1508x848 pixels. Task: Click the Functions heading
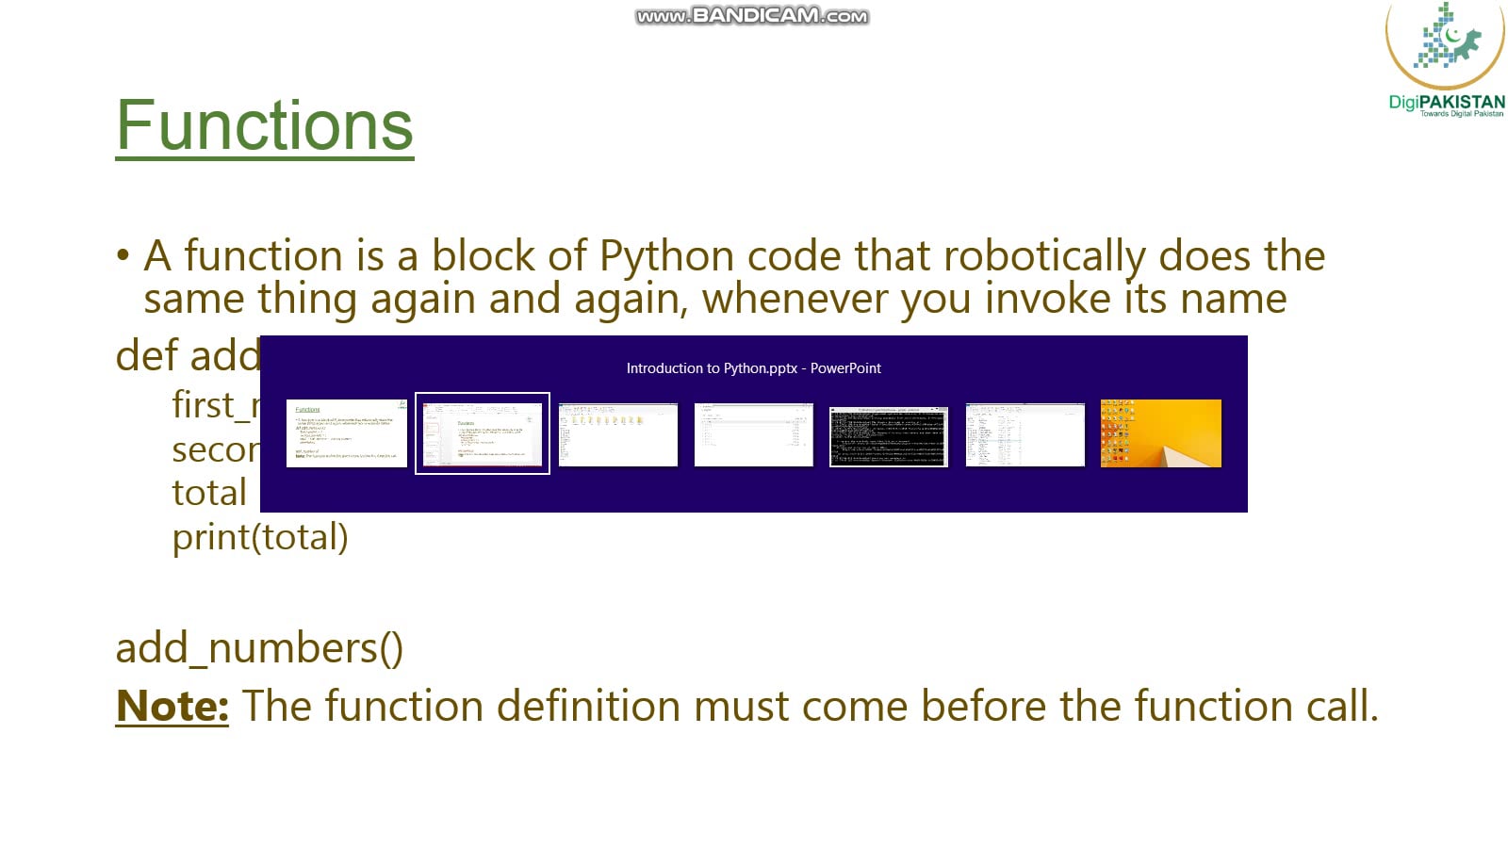(265, 125)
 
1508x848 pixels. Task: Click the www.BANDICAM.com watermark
(751, 16)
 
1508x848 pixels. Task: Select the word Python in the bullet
(666, 256)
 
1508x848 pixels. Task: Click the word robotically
(1044, 256)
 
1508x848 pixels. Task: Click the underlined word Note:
(172, 706)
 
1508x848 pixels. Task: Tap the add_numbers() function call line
(259, 648)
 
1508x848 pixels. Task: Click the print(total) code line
(260, 537)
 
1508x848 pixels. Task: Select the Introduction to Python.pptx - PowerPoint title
(753, 368)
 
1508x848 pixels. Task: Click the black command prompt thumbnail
(889, 435)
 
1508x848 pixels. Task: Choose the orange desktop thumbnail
(1160, 433)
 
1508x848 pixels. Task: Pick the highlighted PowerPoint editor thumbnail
(483, 433)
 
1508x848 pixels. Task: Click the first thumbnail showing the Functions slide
(346, 433)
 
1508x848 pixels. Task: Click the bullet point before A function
(123, 256)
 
